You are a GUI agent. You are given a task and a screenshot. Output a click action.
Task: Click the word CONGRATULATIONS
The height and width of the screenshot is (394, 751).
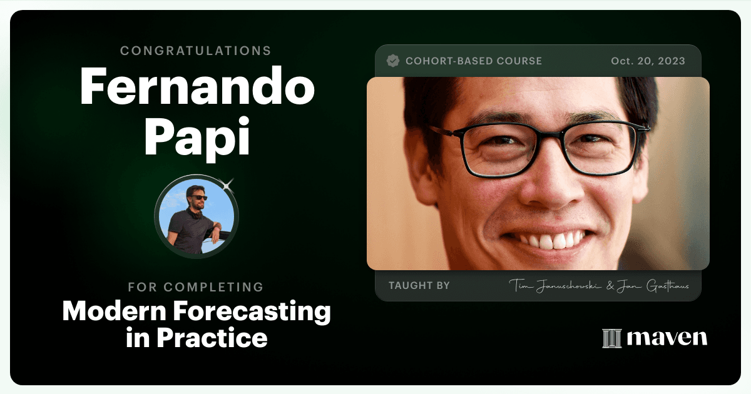(195, 51)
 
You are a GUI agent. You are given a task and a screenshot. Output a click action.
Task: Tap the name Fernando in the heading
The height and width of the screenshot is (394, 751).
(197, 86)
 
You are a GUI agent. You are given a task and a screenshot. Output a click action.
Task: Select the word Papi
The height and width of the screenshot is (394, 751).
(197, 138)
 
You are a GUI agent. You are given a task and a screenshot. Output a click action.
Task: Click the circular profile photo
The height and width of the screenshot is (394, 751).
(197, 216)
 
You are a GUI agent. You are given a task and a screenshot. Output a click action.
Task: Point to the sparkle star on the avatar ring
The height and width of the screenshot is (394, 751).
(227, 185)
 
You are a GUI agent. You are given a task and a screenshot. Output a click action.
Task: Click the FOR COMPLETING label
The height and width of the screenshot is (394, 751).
(196, 287)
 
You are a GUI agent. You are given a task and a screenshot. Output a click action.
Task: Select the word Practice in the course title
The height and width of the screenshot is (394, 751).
(212, 338)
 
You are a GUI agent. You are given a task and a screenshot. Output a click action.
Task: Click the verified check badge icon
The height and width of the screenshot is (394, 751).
(392, 61)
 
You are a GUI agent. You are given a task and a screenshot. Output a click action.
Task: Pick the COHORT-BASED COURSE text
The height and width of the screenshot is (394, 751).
(473, 61)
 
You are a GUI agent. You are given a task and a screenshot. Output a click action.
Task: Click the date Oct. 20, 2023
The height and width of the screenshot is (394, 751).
(648, 61)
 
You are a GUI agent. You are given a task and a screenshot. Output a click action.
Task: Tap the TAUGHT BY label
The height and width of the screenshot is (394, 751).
(419, 285)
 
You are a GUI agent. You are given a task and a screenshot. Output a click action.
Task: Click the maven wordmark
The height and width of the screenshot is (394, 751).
(667, 338)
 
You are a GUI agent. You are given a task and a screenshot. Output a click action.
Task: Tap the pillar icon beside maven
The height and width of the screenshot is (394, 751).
(612, 338)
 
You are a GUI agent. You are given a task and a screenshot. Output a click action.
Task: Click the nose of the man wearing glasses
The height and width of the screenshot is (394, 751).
(550, 188)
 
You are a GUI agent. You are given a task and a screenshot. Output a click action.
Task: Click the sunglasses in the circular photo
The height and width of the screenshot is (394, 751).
(200, 198)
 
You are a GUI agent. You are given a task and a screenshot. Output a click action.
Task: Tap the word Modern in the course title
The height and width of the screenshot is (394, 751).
(115, 311)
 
